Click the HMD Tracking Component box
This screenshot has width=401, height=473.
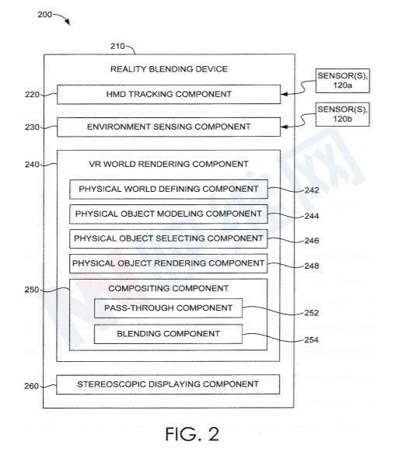169,95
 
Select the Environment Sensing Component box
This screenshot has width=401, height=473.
169,127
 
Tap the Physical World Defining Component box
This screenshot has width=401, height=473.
169,190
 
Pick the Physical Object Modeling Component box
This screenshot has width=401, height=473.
169,214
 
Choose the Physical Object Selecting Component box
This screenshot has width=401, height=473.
169,238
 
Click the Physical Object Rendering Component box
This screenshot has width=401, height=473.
169,263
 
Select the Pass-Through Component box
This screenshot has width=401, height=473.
169,308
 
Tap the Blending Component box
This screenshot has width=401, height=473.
169,334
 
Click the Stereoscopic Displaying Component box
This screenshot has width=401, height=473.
168,384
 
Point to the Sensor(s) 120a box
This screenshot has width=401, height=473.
343,81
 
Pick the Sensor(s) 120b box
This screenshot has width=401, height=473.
343,114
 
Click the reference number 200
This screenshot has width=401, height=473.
44,15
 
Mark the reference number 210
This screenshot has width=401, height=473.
117,46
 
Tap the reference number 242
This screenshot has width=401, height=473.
312,190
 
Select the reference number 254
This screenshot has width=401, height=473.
312,340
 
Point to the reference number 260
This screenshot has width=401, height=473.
32,386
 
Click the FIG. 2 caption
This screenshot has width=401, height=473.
192,434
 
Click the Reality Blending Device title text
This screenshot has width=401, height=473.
169,69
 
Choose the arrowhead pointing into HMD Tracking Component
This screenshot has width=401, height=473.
284,95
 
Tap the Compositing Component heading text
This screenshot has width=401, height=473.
169,288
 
